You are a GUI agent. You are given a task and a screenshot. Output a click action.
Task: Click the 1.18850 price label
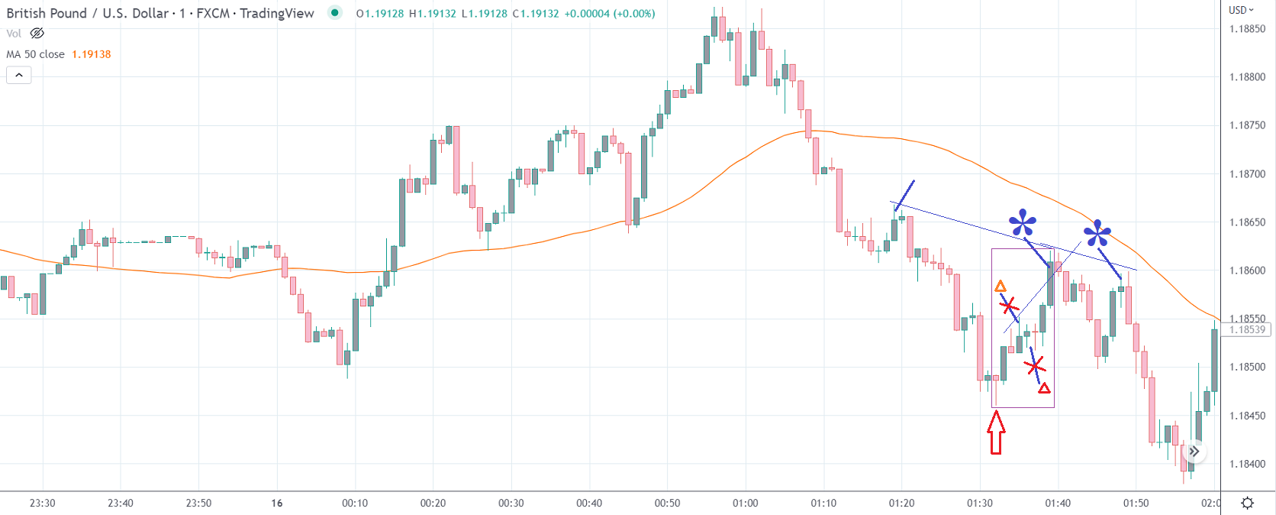[1247, 29]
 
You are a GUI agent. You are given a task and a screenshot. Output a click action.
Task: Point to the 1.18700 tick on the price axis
[1247, 174]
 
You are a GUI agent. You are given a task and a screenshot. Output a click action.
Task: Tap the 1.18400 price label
[1247, 464]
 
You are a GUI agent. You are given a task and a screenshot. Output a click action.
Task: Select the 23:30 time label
[42, 503]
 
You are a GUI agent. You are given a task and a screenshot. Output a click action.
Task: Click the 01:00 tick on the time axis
[745, 503]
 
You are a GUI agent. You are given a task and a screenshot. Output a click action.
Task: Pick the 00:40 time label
[588, 503]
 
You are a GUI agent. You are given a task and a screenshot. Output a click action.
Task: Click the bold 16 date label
[276, 503]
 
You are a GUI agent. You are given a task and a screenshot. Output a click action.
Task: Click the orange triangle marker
[1000, 287]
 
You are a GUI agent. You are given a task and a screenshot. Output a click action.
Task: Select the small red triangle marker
[1044, 388]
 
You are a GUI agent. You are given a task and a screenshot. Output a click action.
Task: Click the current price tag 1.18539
[1247, 330]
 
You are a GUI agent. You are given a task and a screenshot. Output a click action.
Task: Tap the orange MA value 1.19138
[92, 54]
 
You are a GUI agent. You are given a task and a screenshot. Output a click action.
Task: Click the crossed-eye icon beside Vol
[37, 33]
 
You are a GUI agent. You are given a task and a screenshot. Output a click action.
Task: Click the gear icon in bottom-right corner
[1247, 503]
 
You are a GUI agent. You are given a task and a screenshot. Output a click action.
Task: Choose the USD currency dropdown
[1241, 10]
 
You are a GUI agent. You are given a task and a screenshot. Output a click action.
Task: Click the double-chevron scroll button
[1194, 452]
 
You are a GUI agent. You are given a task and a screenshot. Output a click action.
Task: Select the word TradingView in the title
[276, 13]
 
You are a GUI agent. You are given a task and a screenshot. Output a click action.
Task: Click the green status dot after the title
[334, 12]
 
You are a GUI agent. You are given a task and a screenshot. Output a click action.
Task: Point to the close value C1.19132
[535, 14]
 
